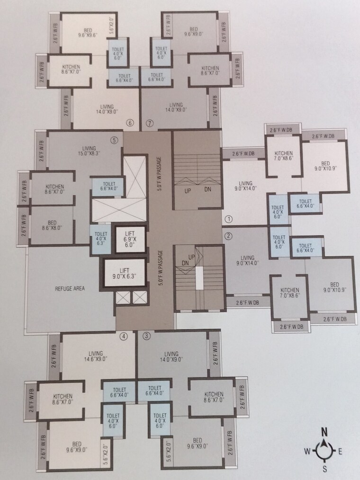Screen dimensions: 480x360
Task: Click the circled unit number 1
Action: click(x=228, y=219)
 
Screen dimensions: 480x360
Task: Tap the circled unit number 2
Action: click(x=228, y=236)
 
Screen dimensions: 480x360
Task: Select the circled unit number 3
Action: click(x=146, y=337)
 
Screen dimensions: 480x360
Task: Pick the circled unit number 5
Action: click(x=114, y=140)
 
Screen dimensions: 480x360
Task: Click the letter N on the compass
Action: click(x=324, y=432)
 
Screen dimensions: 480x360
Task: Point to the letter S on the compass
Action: click(x=324, y=469)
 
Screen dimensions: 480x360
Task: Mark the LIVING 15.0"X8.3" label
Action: click(x=88, y=151)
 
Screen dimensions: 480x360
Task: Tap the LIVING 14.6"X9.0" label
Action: click(x=92, y=356)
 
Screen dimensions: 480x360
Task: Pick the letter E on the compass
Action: click(x=340, y=452)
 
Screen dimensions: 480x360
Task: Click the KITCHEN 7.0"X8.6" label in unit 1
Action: click(x=283, y=156)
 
